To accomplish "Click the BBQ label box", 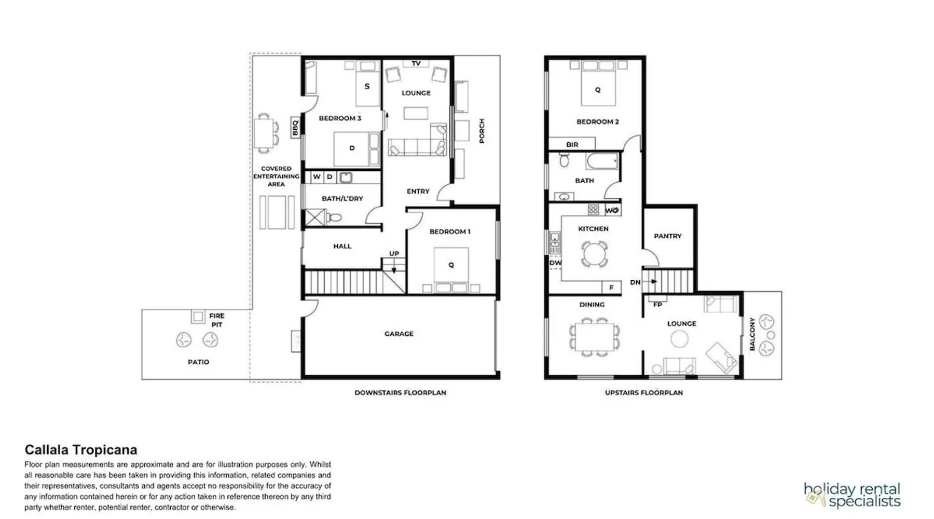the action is [295, 127].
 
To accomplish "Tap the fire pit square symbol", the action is [198, 316].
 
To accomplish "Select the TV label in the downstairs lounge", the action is [416, 63].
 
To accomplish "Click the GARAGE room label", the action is [399, 334].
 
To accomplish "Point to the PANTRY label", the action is [668, 236].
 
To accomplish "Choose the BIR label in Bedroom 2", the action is [572, 144].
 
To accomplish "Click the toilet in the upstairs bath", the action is [565, 160].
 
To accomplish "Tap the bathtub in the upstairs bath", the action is [602, 161].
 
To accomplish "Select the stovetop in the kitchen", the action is [594, 210].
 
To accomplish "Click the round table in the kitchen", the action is [594, 254].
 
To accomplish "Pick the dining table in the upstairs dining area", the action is [595, 337].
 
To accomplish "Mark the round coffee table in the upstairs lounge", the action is [679, 339].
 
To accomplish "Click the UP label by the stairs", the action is [394, 254].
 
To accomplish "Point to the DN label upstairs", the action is [635, 282].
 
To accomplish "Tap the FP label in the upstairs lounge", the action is [657, 305].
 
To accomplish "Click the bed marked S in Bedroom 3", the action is [367, 83].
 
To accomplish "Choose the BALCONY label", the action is [752, 334].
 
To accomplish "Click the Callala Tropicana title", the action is [81, 449].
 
